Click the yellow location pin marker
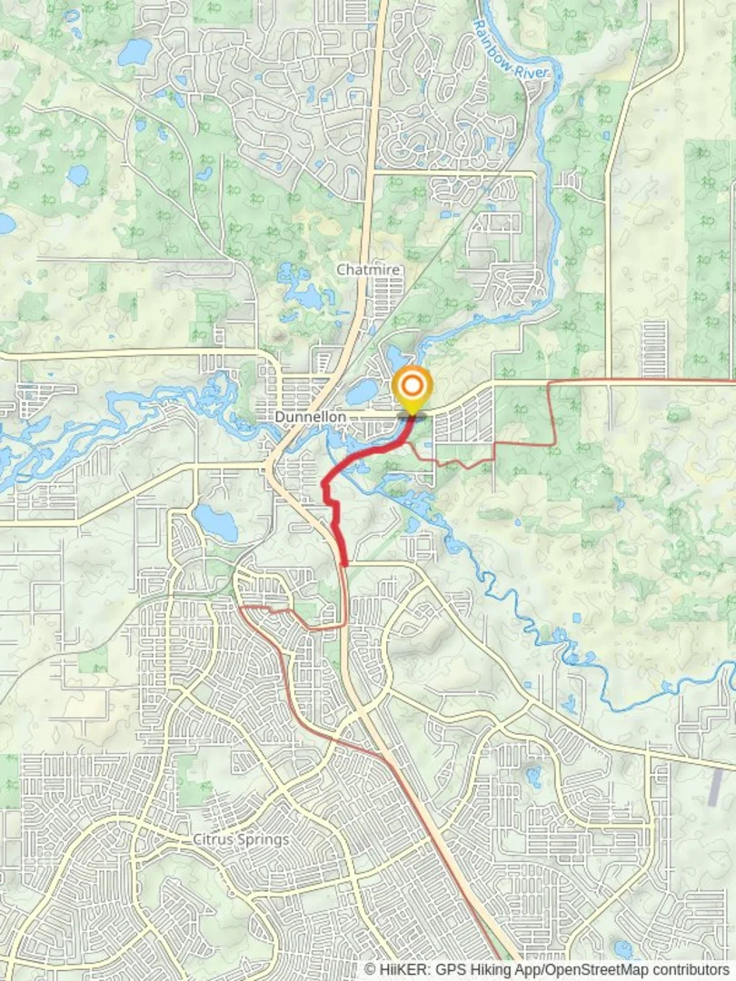click(x=413, y=390)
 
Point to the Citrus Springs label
click(x=241, y=839)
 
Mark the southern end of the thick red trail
click(x=344, y=564)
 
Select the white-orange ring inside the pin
click(x=413, y=385)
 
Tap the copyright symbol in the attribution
click(x=371, y=970)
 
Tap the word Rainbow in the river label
click(x=488, y=33)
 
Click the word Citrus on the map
click(x=213, y=839)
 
